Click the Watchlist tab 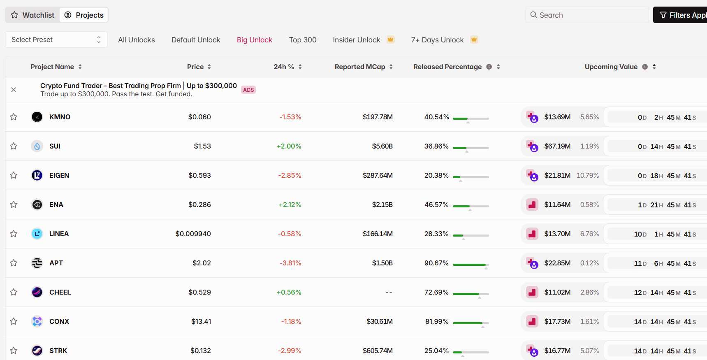point(32,15)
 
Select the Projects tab point(84,15)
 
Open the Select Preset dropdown point(56,39)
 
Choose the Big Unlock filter point(255,40)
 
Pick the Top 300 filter point(303,40)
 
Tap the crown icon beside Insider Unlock point(391,39)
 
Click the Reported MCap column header point(360,67)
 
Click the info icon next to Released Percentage point(489,67)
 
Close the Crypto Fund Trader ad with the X point(14,90)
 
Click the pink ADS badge point(248,90)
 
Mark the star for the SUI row point(14,146)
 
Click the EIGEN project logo point(37,175)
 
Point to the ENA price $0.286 point(199,204)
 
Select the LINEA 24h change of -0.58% point(290,234)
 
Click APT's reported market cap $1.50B point(382,263)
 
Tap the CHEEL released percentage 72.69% point(436,292)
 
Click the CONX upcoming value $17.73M point(557,321)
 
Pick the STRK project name point(58,351)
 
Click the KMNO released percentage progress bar point(471,118)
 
